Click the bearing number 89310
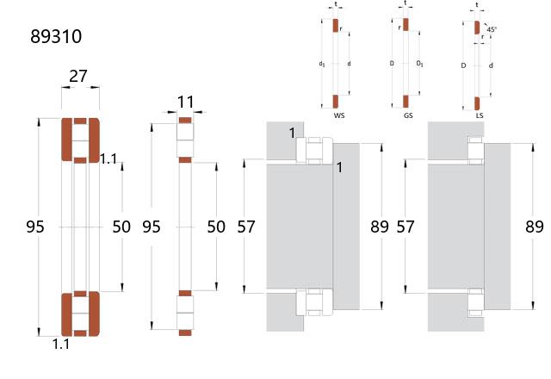point(56,36)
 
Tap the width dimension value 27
point(78,77)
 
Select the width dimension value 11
point(186,103)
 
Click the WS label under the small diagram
point(338,115)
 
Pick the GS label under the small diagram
point(408,115)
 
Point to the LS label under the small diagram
point(480,115)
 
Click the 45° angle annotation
point(492,29)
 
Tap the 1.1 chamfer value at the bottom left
point(61,345)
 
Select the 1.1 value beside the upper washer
point(108,159)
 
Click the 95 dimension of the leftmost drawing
point(35,227)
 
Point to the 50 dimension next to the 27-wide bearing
point(121,227)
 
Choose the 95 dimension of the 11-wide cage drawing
point(152,227)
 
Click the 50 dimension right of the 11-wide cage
point(216,227)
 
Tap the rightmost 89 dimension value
point(534,227)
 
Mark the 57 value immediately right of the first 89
point(406,227)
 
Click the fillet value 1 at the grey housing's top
point(292,134)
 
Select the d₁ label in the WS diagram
point(321,64)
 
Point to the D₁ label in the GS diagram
point(419,64)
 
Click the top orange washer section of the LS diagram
point(477,28)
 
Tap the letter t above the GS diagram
point(406,3)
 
